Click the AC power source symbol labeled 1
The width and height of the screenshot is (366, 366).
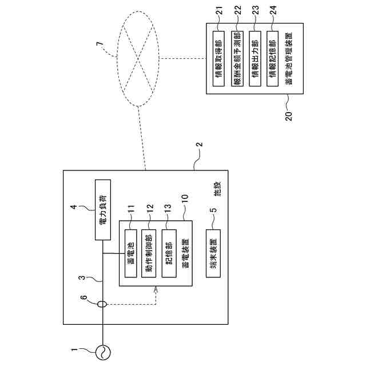[x=103, y=352]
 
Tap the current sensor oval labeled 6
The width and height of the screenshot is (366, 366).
[x=102, y=304]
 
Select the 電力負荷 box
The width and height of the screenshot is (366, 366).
[x=103, y=210]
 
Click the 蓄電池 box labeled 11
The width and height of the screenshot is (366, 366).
[x=131, y=253]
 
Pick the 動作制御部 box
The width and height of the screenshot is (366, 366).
[x=149, y=253]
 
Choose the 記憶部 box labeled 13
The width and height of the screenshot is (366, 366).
[x=169, y=253]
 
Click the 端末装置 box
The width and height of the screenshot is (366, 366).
[x=213, y=253]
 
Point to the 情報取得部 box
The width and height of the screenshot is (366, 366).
[x=218, y=58]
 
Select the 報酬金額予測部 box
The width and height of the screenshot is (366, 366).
[x=237, y=58]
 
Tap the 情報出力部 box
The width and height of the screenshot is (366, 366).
[x=255, y=58]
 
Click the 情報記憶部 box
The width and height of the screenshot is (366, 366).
[x=272, y=58]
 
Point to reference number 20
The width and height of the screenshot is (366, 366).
[x=289, y=116]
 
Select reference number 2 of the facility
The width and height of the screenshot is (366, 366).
[x=200, y=145]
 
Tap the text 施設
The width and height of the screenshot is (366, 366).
[x=217, y=189]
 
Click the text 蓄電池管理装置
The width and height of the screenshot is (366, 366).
[x=289, y=58]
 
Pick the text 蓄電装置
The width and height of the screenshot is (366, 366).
[x=185, y=253]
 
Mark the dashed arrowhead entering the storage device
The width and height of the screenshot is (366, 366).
[x=156, y=289]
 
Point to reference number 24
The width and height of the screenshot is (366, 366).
[x=273, y=10]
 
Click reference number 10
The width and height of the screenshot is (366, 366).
[x=185, y=200]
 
